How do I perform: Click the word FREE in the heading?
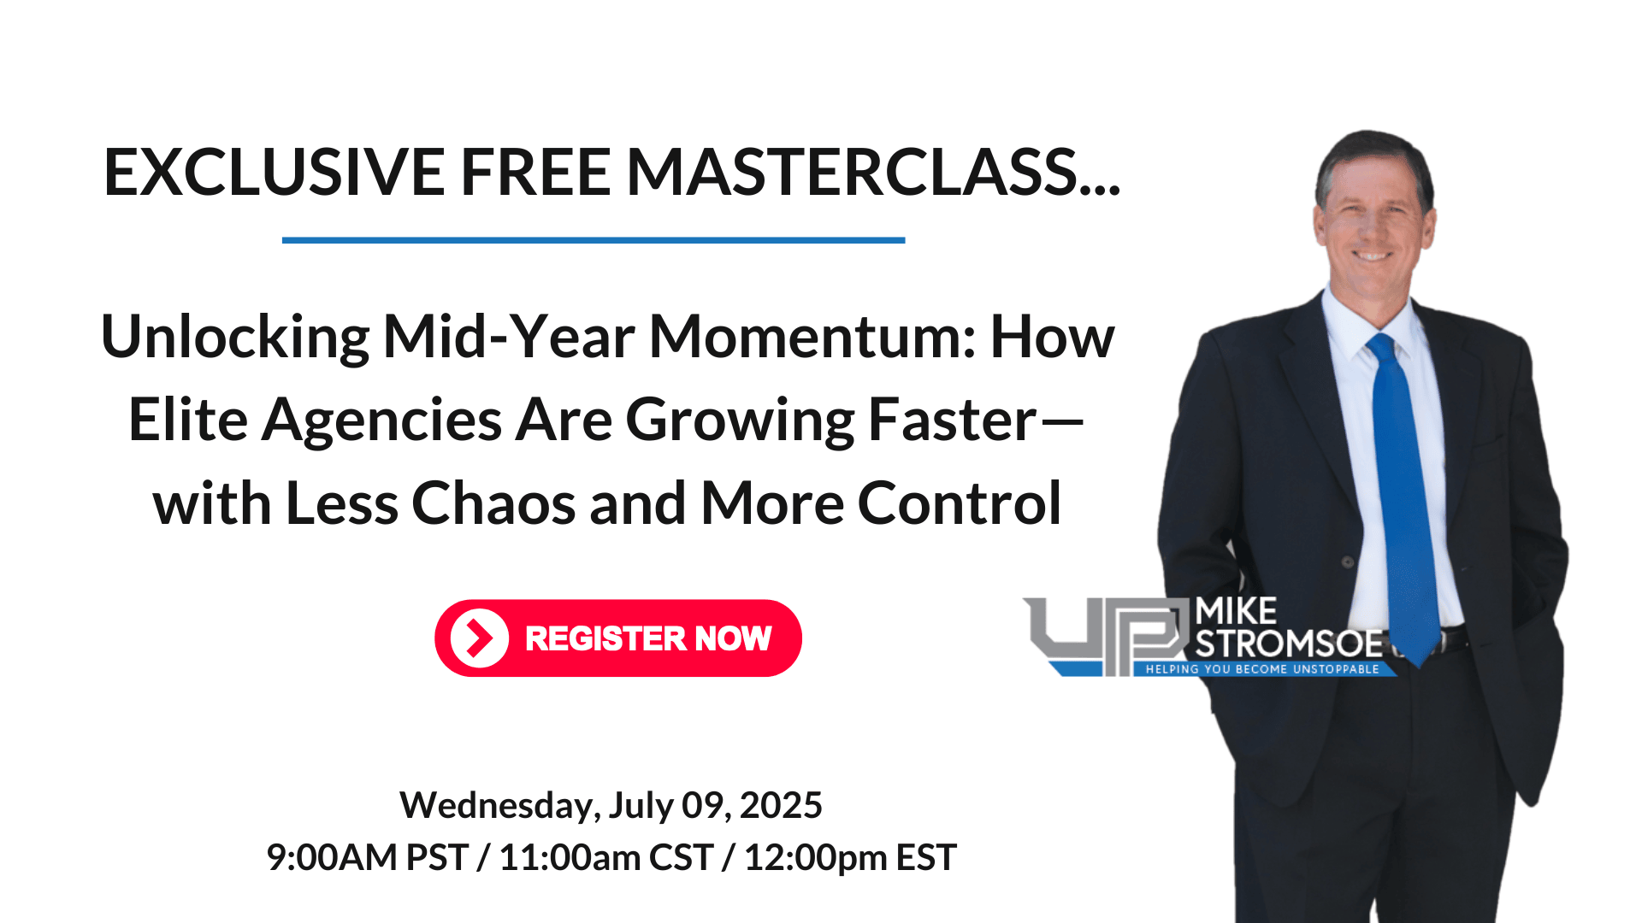point(535,172)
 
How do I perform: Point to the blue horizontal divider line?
point(594,240)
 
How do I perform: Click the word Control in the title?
point(960,503)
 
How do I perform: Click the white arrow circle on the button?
point(480,638)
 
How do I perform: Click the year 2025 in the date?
point(781,805)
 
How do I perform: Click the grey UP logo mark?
point(1107,636)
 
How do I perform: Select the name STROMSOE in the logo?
point(1289,644)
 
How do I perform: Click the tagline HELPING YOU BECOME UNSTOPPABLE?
point(1262,669)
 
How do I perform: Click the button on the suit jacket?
point(1348,561)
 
